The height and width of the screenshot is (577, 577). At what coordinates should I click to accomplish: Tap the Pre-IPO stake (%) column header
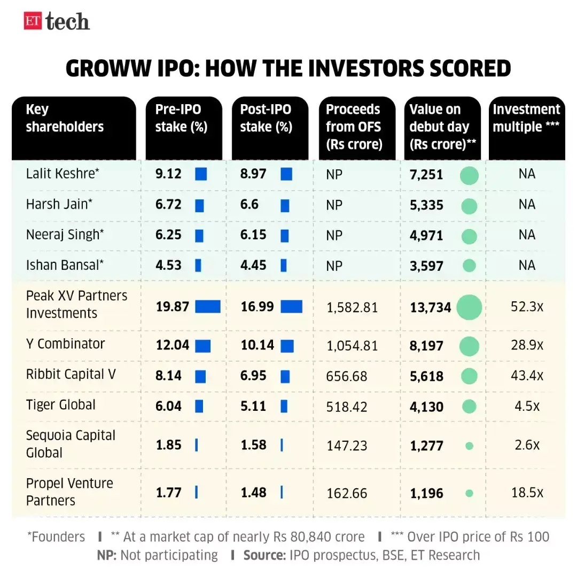coord(182,118)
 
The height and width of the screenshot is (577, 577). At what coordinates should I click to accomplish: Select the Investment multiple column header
coord(526,118)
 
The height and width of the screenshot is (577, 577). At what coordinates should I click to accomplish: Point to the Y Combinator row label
coord(66,344)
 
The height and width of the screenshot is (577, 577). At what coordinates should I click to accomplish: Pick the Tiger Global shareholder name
coord(61,405)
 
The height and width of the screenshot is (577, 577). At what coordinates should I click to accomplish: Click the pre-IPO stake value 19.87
coord(173,307)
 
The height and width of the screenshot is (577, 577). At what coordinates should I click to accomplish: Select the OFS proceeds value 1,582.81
coord(352,308)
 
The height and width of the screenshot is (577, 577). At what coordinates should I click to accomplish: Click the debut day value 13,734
coord(431,308)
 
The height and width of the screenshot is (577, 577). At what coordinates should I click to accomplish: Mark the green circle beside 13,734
coord(469,307)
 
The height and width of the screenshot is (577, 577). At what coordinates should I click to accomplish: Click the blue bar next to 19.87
coord(208,307)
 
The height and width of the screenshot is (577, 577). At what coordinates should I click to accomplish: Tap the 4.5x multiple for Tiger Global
coord(527,406)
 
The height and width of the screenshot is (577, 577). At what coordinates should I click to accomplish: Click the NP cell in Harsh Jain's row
coord(334,205)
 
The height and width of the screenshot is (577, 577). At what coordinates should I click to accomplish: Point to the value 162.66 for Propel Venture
coord(346,493)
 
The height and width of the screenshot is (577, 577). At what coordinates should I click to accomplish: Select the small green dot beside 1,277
coord(469,446)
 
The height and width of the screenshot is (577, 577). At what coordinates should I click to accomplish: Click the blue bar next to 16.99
coord(291,307)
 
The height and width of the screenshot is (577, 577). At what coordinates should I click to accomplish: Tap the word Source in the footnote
coord(263,555)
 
